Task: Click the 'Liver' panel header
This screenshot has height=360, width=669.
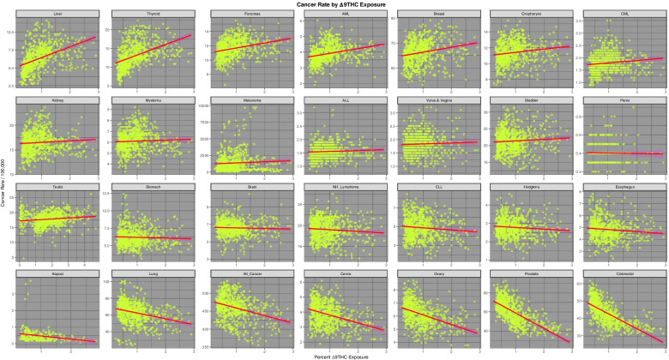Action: tap(57, 15)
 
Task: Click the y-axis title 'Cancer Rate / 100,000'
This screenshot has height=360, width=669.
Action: tap(4, 180)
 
